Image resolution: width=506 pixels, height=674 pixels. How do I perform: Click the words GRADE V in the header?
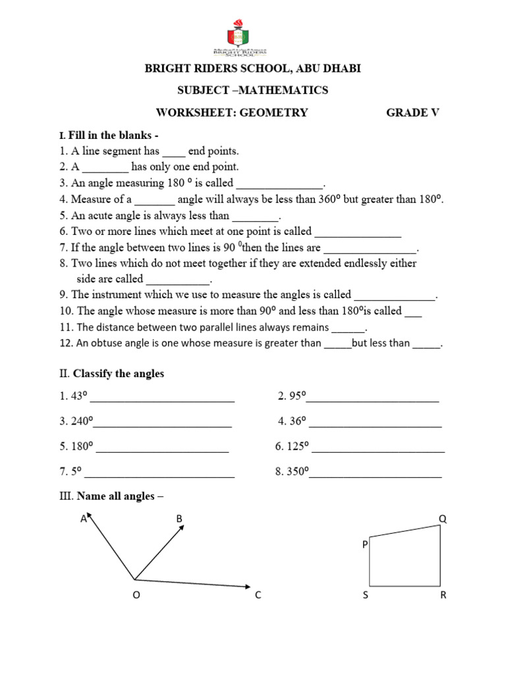412,113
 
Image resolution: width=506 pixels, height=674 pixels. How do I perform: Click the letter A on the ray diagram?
84,519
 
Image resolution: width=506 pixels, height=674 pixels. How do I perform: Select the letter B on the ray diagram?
179,519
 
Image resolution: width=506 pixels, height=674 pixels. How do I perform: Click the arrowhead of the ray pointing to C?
246,585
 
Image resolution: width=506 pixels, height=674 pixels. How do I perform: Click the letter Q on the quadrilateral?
443,519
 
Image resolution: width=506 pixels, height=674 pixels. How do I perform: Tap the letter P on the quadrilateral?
364,545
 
